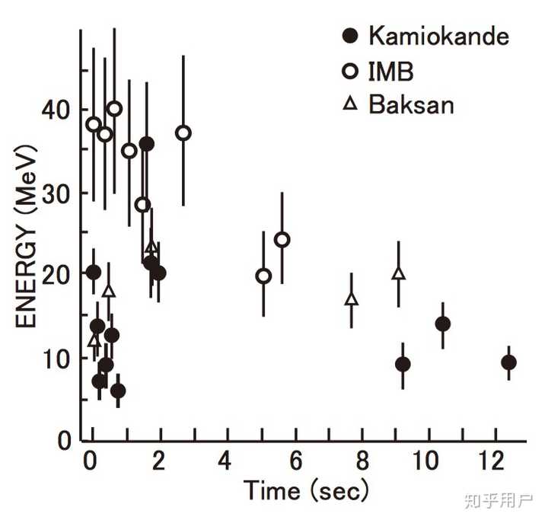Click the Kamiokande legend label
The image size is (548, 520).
click(438, 36)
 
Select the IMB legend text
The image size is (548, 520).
click(391, 72)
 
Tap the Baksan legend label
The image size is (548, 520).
click(411, 104)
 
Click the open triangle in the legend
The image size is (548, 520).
click(350, 104)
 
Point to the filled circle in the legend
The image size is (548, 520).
click(350, 36)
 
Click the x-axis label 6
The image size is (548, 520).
click(295, 461)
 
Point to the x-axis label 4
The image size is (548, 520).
click(225, 461)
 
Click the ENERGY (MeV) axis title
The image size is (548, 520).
click(26, 236)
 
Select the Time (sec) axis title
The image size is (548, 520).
click(306, 490)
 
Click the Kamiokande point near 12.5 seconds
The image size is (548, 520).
click(509, 362)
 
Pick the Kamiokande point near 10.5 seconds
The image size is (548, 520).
click(443, 324)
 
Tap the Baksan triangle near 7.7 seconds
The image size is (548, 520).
click(352, 299)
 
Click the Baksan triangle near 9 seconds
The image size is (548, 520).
click(398, 273)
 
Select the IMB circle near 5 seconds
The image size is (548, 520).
click(263, 276)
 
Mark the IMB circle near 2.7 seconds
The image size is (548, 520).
click(183, 133)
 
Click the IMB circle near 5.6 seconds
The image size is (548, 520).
click(282, 240)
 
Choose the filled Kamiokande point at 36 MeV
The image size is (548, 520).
click(147, 144)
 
